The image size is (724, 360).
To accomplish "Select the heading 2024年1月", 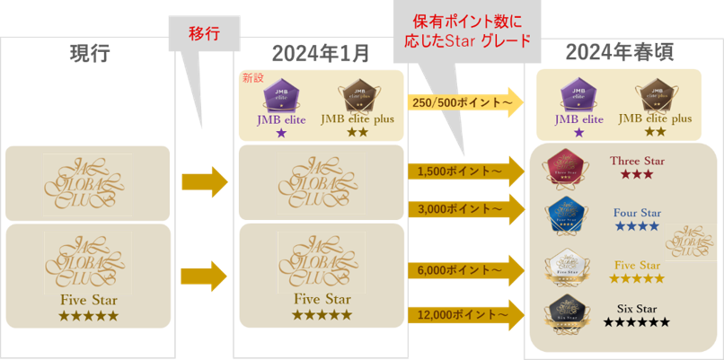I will tap(320, 53).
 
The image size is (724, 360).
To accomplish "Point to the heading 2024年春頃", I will tap(619, 53).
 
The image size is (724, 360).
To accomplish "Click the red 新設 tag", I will tap(253, 79).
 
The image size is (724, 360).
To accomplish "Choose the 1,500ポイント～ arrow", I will tap(464, 169).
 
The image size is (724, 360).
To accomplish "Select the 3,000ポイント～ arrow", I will tap(464, 208).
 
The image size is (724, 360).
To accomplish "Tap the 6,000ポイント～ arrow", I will tap(464, 268).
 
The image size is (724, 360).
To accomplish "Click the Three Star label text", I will tap(637, 162).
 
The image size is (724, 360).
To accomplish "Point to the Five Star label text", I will tap(638, 265).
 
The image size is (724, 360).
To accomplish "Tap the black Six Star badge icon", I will tap(566, 314).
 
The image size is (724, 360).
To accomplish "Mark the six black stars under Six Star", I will tap(637, 322).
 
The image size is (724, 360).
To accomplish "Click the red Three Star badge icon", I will tap(567, 167).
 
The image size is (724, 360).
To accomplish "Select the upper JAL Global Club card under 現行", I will tap(87, 184).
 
